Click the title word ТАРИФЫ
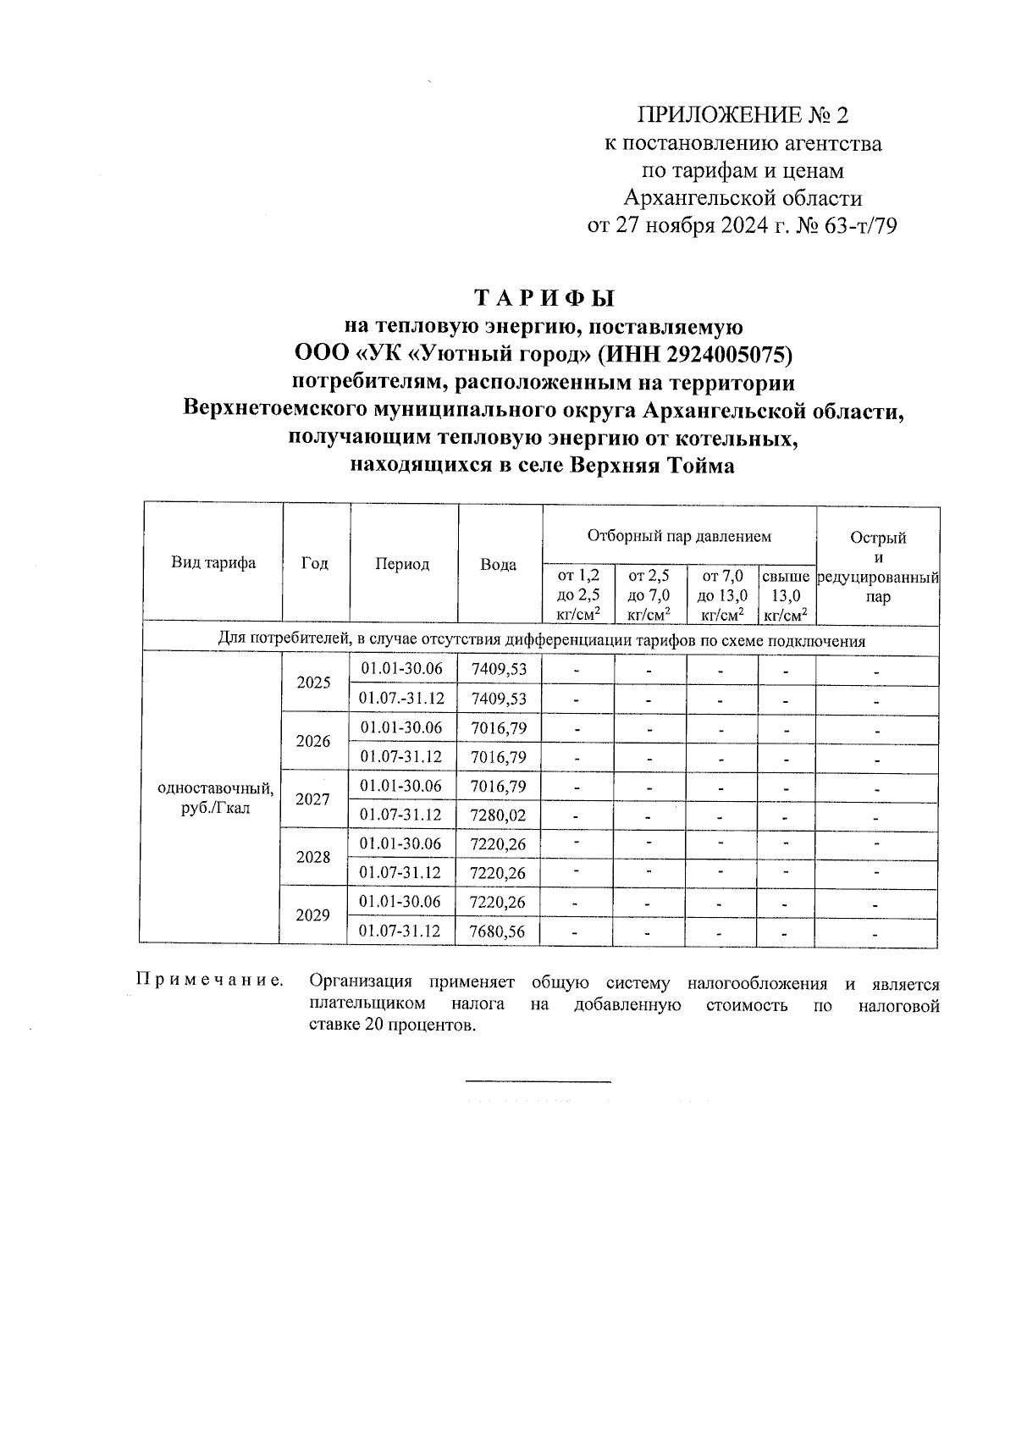[544, 299]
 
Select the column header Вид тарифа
[213, 563]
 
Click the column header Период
[402, 565]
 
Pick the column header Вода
[499, 565]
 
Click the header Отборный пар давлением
[679, 536]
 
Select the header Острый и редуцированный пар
[878, 567]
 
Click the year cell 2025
[314, 683]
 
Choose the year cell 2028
[314, 857]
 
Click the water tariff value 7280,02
[499, 815]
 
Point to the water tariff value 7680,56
[499, 931]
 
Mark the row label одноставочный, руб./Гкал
[216, 798]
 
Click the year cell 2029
[314, 915]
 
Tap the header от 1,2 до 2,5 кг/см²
[578, 596]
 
